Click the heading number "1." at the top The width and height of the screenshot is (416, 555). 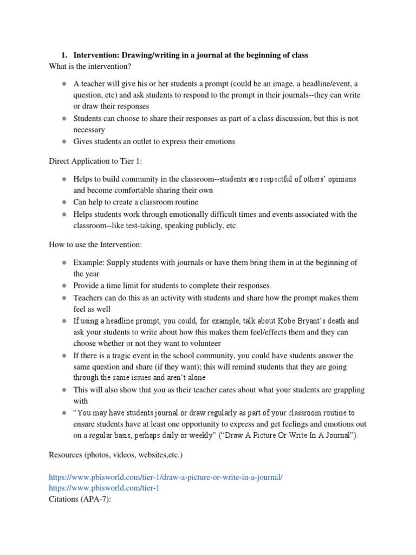(64, 55)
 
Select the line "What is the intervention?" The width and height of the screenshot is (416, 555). (90, 66)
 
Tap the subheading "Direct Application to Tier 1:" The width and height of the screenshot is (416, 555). (94, 162)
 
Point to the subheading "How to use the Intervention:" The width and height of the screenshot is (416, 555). (95, 245)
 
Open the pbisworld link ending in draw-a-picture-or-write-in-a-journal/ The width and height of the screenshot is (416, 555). (166, 477)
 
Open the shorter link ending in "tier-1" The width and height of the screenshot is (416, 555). (103, 488)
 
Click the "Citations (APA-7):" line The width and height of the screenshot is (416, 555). (80, 499)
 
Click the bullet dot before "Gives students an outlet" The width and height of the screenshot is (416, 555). (63, 141)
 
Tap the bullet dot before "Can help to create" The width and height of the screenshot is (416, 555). (63, 202)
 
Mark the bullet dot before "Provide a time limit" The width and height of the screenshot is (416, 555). (63, 286)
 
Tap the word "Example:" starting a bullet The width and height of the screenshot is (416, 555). (89, 263)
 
